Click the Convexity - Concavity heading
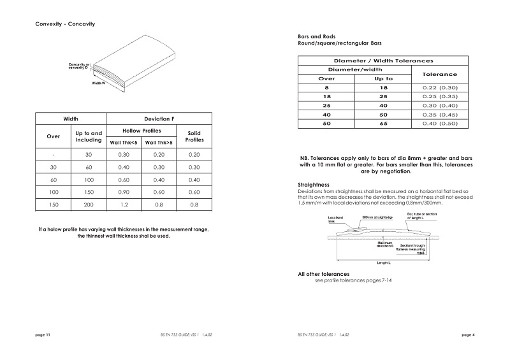[65, 24]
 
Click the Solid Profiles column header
[194, 136]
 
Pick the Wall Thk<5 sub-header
[124, 143]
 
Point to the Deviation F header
[159, 119]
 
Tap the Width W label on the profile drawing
[98, 83]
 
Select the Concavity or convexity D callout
[80, 66]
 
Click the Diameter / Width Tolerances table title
[383, 60]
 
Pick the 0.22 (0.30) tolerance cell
[440, 87]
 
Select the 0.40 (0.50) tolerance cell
[440, 123]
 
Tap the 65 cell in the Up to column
[382, 123]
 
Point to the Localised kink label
[335, 219]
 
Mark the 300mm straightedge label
[377, 217]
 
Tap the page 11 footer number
[42, 334]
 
